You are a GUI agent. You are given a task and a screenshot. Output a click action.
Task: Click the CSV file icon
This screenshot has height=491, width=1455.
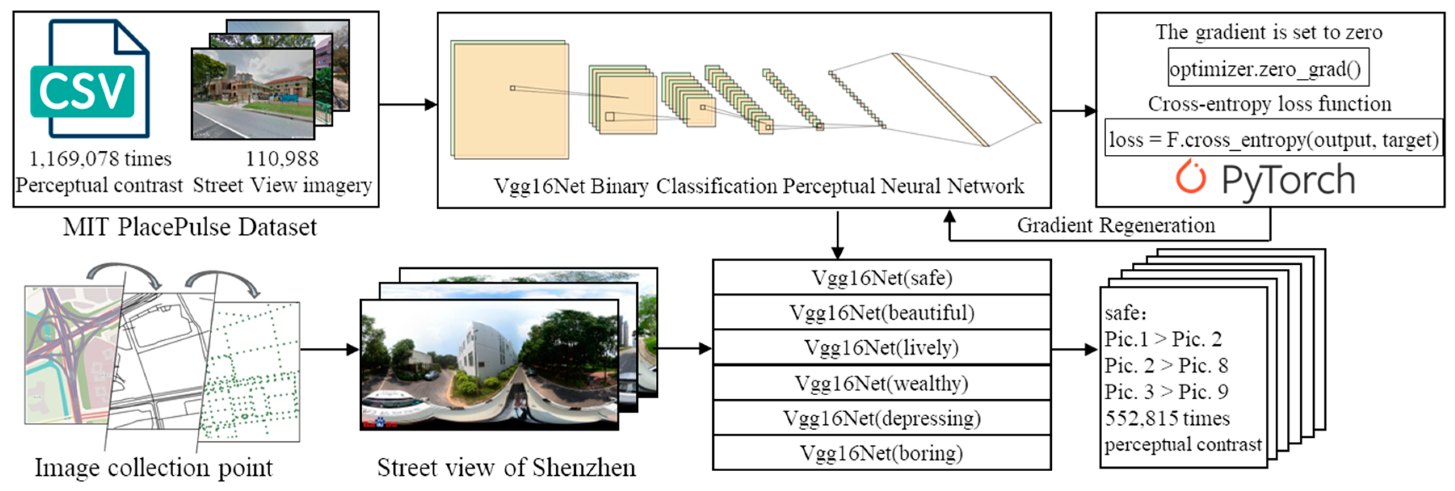(91, 79)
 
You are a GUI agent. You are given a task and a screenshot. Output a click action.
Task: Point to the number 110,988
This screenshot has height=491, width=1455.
(282, 159)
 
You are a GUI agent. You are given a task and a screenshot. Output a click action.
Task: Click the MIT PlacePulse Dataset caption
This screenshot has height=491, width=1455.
(190, 227)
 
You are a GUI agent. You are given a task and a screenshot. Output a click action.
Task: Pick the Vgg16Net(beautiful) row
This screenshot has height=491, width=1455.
(881, 312)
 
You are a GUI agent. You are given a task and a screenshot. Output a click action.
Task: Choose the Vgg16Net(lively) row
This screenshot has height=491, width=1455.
(881, 348)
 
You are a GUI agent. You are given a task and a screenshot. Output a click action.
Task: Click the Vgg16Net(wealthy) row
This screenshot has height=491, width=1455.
(881, 383)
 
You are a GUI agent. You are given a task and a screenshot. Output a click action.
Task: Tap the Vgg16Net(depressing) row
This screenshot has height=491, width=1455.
(881, 418)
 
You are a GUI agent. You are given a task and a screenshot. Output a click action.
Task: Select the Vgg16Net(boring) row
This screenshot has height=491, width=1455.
(881, 453)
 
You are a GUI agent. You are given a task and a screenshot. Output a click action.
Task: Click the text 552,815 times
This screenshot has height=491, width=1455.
(1167, 418)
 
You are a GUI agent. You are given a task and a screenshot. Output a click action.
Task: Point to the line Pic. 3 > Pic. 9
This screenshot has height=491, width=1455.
(1166, 392)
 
